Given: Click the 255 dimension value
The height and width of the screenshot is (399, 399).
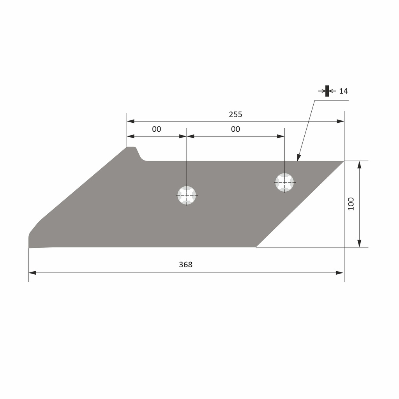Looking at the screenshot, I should tap(235, 114).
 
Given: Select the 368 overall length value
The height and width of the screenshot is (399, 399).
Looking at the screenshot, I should tap(185, 265).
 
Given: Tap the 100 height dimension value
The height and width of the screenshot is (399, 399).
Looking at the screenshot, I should tap(351, 204).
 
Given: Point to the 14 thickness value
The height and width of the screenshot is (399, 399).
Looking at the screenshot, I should tap(343, 91).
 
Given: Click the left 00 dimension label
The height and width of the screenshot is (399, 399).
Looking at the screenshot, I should tap(156, 129).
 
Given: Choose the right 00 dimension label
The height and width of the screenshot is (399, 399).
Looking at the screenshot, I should tap(235, 129).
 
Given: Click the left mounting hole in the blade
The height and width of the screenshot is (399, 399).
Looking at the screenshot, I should tap(187, 195).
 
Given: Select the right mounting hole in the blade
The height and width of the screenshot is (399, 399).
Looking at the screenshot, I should tap(284, 182).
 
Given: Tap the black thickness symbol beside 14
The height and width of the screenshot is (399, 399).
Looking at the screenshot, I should tap(327, 91).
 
